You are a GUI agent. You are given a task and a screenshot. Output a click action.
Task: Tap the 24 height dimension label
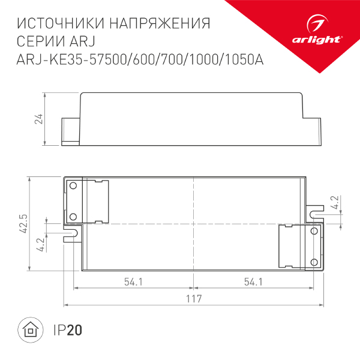point(38,119)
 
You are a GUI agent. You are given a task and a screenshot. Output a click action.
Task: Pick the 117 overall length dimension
point(193,298)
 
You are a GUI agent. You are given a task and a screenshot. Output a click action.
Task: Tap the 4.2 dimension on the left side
point(40,244)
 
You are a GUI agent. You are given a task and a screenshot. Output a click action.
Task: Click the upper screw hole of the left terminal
point(73,185)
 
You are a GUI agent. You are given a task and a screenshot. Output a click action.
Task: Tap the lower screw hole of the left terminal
point(73,215)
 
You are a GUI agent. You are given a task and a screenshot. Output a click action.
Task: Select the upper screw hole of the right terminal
point(313,232)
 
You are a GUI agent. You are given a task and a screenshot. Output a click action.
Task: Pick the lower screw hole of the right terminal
point(313,262)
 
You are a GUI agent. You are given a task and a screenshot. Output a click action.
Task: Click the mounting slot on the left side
point(71,232)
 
